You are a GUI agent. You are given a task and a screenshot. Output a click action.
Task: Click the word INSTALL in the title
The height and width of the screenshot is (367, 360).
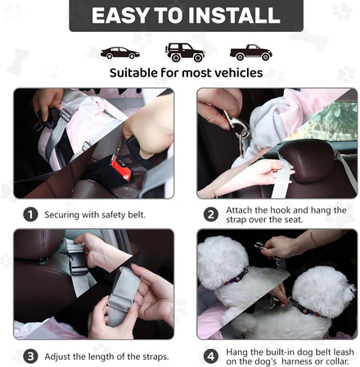[234, 16]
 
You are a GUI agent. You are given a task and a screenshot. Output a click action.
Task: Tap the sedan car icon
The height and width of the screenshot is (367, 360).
[120, 53]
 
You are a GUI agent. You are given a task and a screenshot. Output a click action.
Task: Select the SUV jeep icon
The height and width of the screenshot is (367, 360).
[185, 52]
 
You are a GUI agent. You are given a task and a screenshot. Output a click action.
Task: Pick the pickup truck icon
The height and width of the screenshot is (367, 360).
[251, 52]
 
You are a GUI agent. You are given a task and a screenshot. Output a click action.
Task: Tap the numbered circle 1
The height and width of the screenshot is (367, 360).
[30, 214]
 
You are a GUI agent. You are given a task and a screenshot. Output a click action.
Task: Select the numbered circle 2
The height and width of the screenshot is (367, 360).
[211, 214]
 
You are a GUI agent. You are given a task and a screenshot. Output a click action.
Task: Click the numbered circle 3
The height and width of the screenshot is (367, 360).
[30, 356]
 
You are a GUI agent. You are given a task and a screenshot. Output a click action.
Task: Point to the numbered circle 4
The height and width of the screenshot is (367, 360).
[211, 356]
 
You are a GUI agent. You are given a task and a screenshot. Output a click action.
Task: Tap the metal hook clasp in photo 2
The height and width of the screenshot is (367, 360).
[236, 126]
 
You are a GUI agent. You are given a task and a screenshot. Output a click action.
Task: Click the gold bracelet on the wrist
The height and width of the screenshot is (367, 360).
[313, 238]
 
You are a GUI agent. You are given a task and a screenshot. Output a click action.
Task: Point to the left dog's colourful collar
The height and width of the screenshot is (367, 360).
[236, 276]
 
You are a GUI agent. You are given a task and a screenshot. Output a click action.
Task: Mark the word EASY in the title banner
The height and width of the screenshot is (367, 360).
[120, 16]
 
